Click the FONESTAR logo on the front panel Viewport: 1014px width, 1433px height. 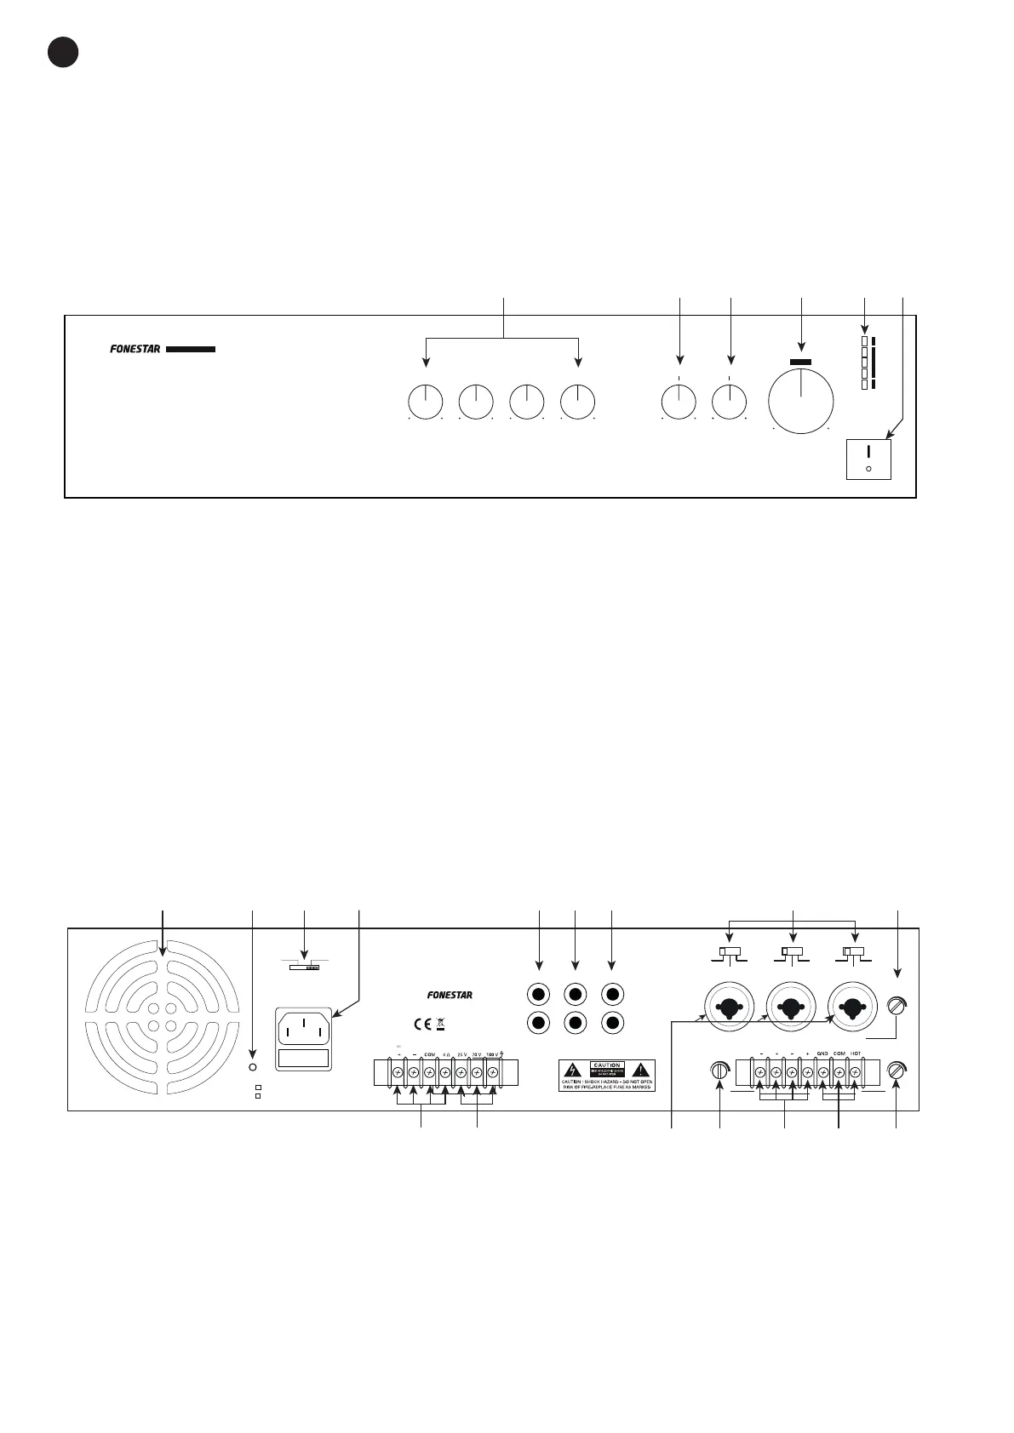135,348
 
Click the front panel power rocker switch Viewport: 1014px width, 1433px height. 868,460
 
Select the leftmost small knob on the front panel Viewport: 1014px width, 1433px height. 426,402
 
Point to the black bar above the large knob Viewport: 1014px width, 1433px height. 801,362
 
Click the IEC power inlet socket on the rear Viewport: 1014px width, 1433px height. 304,1028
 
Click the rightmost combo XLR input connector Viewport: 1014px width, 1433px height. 854,1008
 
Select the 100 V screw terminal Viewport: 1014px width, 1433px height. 492,1073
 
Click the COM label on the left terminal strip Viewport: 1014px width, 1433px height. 429,1054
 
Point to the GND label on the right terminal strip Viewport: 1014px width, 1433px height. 822,1054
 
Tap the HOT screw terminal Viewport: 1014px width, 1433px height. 855,1073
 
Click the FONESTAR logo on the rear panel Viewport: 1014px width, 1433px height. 450,995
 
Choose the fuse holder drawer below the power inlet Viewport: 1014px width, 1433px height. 304,1059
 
